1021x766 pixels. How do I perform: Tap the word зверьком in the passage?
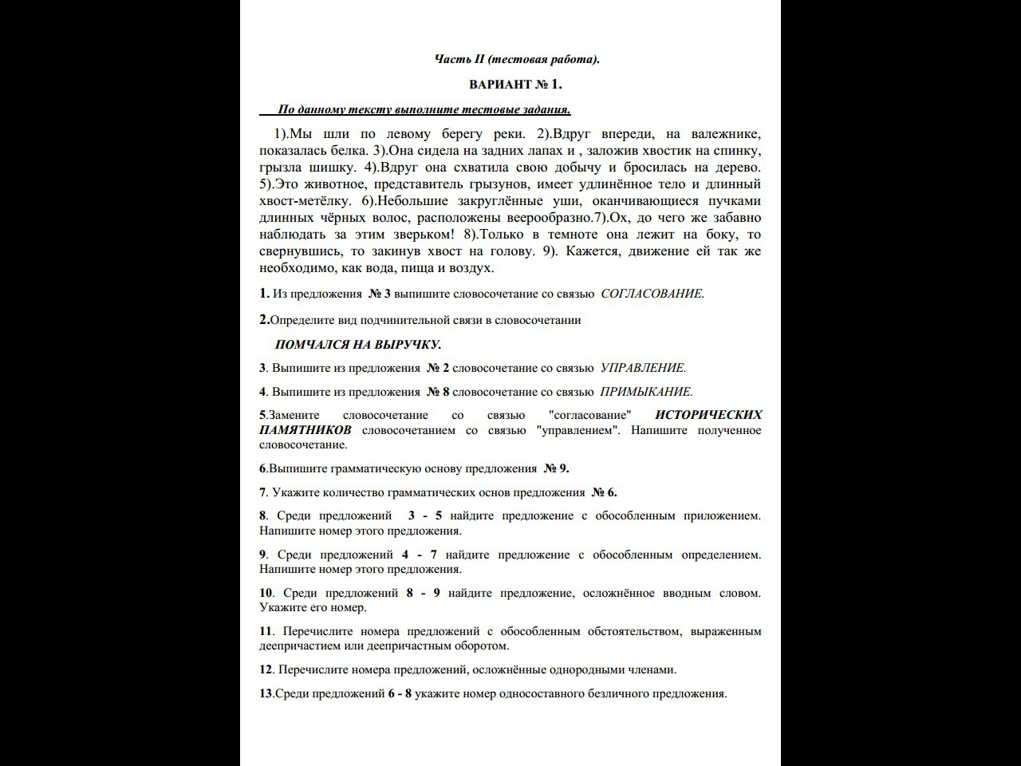click(x=420, y=235)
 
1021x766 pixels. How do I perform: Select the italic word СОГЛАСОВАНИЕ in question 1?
click(x=652, y=294)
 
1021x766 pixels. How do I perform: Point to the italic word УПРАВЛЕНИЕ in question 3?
click(x=643, y=368)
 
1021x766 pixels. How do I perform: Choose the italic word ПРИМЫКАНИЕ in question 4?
click(x=646, y=392)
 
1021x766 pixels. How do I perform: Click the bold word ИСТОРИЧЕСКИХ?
click(x=708, y=415)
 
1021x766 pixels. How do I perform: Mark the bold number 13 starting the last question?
click(x=266, y=693)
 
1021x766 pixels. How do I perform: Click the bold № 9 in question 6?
click(x=556, y=468)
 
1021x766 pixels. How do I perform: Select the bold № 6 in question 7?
click(x=604, y=492)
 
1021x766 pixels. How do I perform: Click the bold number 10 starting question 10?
click(x=266, y=593)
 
